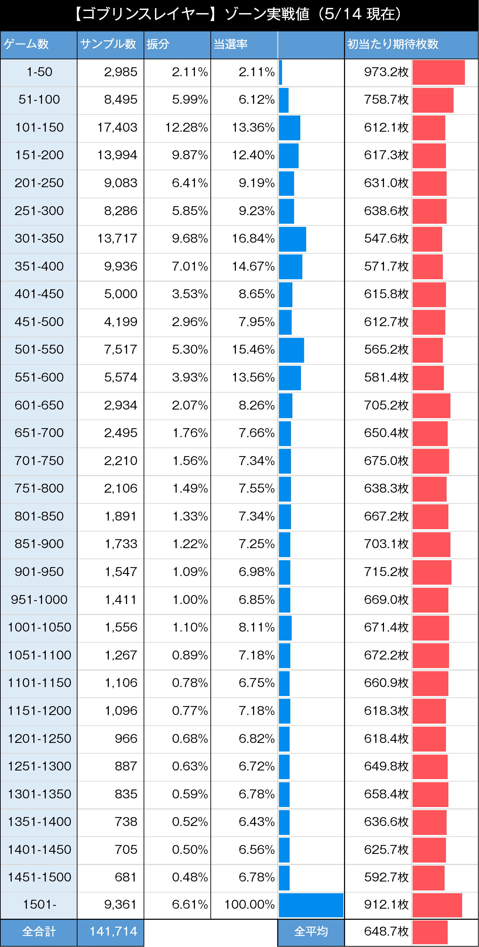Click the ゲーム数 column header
[x=27, y=44]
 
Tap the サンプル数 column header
[x=108, y=44]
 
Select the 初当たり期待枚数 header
[x=393, y=44]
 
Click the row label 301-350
[x=39, y=239]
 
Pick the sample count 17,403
[x=117, y=128]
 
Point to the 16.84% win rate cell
[x=253, y=239]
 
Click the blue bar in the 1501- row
[x=311, y=905]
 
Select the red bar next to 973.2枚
[x=438, y=72]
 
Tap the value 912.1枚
[x=386, y=905]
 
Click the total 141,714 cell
[x=113, y=931]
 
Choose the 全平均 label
[x=311, y=931]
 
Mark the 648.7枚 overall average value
[x=386, y=931]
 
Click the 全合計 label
[x=39, y=931]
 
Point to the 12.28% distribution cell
[x=186, y=128]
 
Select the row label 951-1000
[x=39, y=600]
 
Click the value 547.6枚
[x=386, y=239]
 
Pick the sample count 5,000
[x=121, y=294]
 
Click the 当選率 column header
[x=231, y=44]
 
